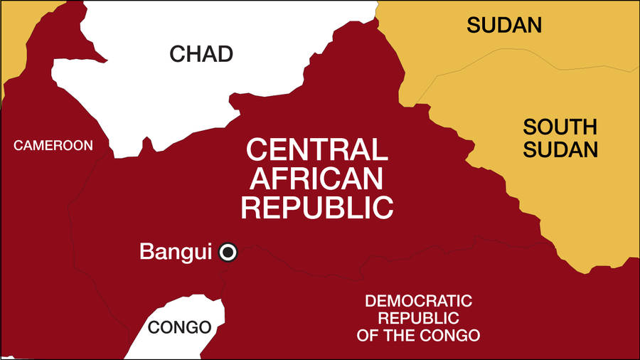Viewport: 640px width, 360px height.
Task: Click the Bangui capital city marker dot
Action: click(x=228, y=252)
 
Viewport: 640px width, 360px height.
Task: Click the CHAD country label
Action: click(x=201, y=53)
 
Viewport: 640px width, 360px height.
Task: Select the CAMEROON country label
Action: click(x=54, y=146)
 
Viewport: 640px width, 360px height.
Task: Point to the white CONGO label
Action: click(x=180, y=328)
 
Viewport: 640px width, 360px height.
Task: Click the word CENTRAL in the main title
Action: click(x=316, y=150)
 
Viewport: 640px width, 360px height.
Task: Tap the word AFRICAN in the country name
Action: click(x=316, y=179)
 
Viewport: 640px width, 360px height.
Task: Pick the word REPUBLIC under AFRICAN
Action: click(x=316, y=207)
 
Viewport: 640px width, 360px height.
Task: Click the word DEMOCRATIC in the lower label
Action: click(x=418, y=301)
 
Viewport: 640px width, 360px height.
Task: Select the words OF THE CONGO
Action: click(x=418, y=335)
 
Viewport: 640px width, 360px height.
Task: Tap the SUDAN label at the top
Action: click(x=504, y=26)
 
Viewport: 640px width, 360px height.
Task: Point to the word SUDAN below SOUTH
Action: click(x=560, y=150)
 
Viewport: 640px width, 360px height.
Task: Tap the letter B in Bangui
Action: click(x=146, y=252)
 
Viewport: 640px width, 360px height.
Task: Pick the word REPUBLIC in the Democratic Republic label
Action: click(x=418, y=318)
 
